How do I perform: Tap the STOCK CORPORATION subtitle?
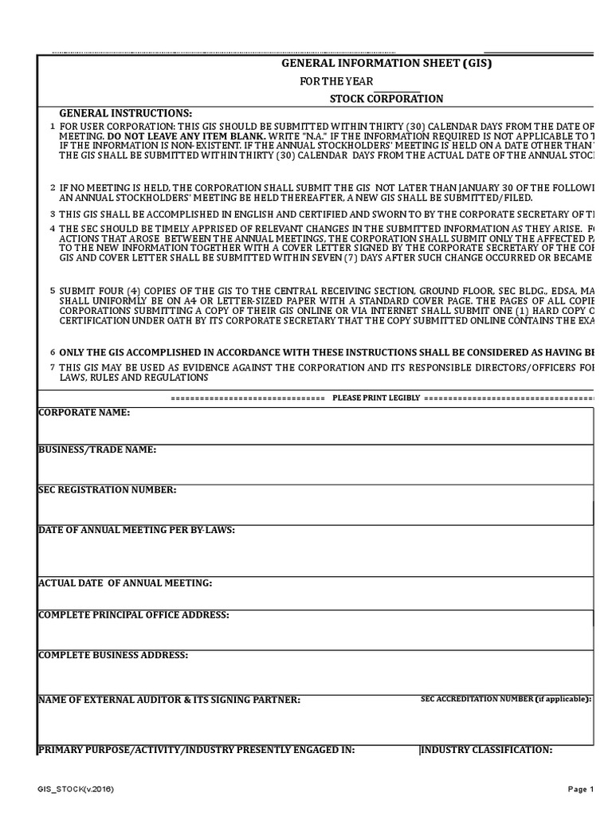point(386,99)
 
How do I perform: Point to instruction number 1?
point(53,127)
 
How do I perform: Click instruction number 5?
point(53,291)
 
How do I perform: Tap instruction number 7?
point(53,367)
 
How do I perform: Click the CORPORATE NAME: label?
point(84,413)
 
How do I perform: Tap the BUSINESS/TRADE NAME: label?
point(97,450)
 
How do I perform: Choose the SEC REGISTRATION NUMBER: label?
point(108,489)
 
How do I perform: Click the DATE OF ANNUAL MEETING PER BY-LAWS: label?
point(136,530)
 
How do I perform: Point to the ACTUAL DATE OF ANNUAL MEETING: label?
point(125,583)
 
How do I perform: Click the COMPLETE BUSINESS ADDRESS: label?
point(113,655)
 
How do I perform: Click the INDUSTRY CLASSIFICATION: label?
point(487,750)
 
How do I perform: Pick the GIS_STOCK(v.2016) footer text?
point(76,789)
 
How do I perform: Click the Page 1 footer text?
point(581,789)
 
